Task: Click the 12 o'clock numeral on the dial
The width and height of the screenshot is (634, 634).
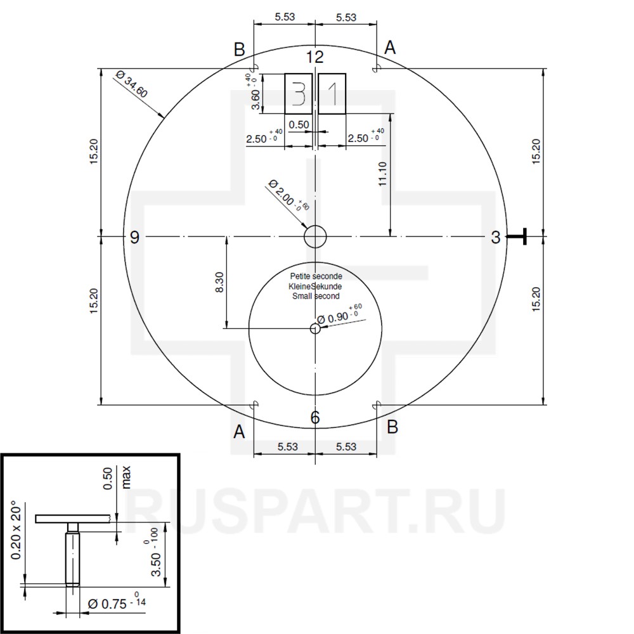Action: pos(315,57)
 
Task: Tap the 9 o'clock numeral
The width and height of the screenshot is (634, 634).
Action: pos(134,237)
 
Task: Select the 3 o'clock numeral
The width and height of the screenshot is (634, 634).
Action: pos(496,237)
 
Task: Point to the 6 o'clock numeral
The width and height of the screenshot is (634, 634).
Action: pos(315,417)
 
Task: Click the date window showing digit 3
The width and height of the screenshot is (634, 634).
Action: pos(299,94)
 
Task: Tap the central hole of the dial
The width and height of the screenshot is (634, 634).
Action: pos(315,237)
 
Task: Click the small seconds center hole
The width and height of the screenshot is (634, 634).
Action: pos(315,328)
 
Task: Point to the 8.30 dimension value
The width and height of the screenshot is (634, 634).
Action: pos(219,281)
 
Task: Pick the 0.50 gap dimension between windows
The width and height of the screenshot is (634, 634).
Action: pos(299,125)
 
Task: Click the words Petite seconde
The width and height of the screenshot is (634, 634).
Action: pos(316,276)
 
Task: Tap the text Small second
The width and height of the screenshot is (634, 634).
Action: pos(316,296)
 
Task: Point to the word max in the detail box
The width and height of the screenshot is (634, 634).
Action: pos(126,477)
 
